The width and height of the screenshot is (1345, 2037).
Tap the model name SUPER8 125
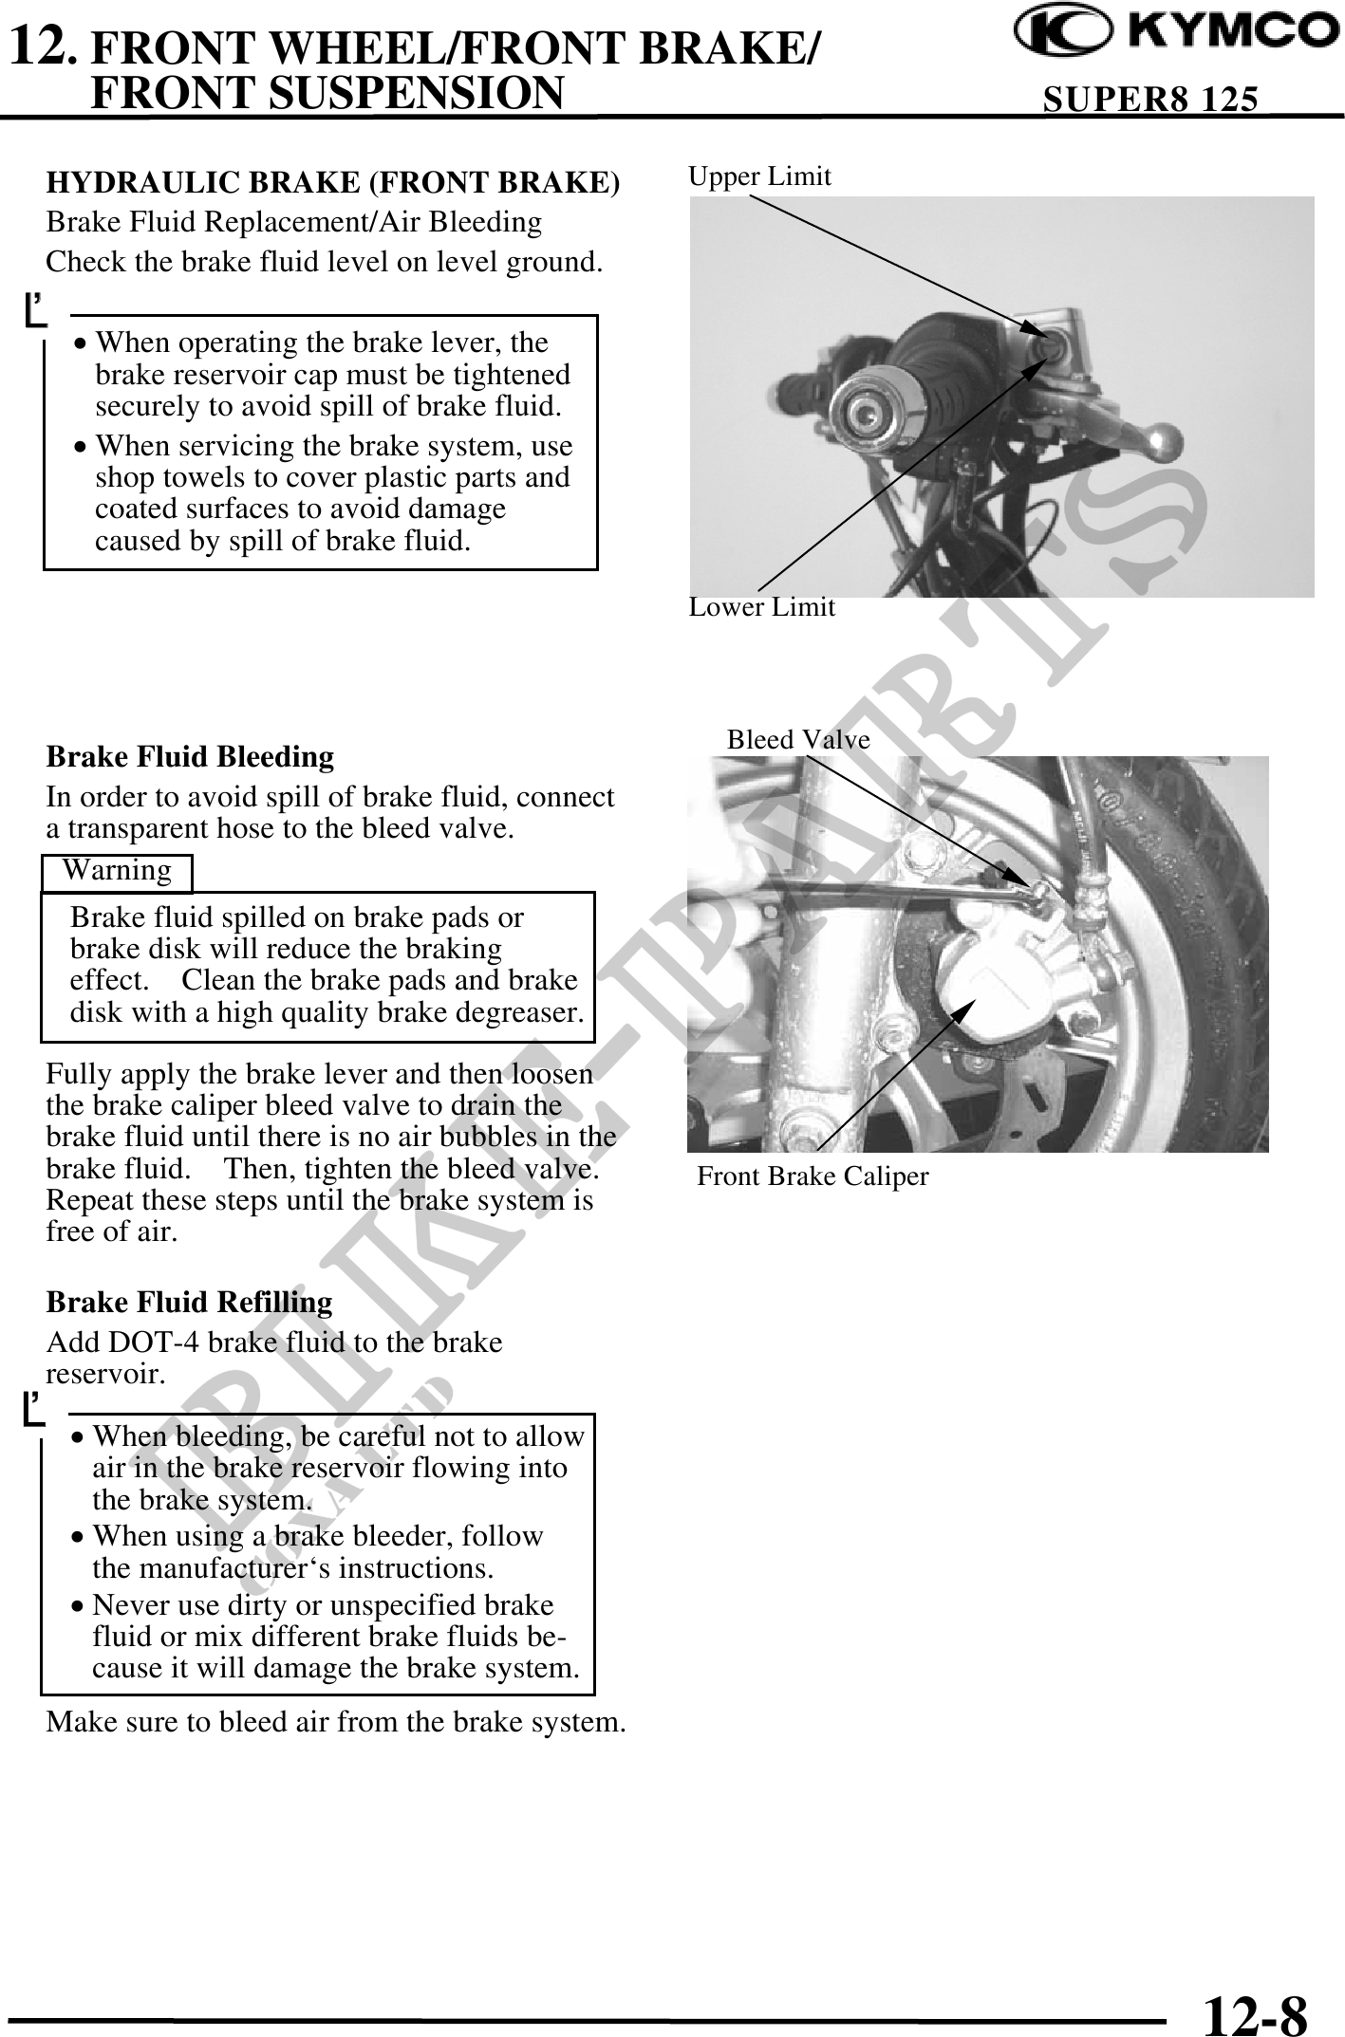(1150, 99)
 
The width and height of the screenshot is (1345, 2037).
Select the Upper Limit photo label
(759, 176)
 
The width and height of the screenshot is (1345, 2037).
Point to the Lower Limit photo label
(761, 607)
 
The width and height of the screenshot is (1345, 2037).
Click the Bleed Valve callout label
(798, 740)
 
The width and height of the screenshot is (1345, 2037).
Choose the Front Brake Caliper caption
(813, 1177)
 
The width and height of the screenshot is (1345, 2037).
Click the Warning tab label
(117, 871)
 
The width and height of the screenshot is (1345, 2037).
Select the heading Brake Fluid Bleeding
(190, 757)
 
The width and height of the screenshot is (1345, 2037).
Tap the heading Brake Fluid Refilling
(189, 1302)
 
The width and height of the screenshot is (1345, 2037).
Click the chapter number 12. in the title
(41, 44)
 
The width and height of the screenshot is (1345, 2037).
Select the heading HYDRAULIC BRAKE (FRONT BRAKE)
(333, 182)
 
